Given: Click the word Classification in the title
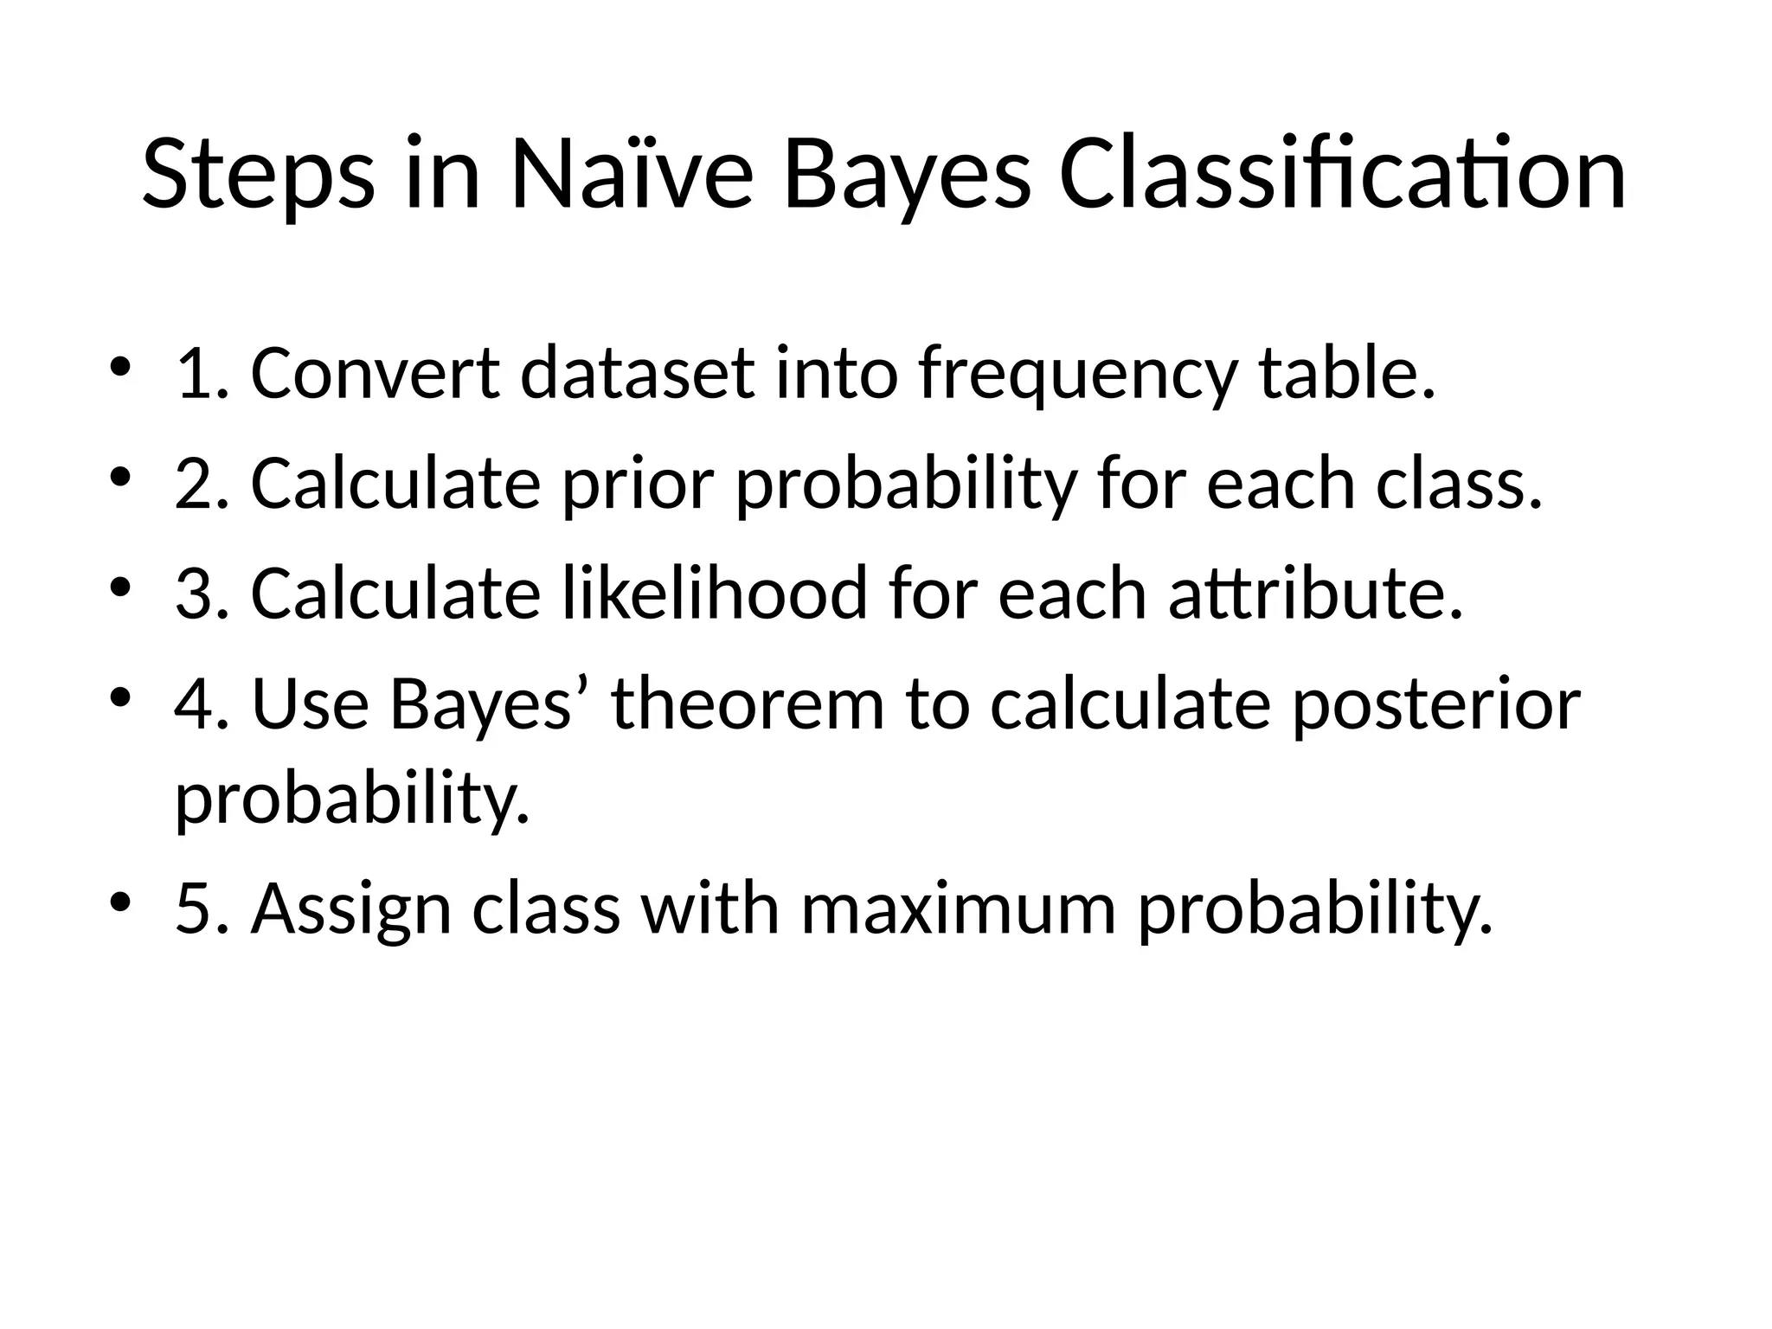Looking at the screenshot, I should click(1341, 175).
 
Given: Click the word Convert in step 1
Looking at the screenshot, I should click(375, 374).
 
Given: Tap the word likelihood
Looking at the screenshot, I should click(715, 594).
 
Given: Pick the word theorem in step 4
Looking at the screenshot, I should click(748, 704).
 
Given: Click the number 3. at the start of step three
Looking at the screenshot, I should click(202, 594).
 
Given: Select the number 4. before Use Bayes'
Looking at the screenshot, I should click(202, 704).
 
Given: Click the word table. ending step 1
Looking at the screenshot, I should click(1346, 374).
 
